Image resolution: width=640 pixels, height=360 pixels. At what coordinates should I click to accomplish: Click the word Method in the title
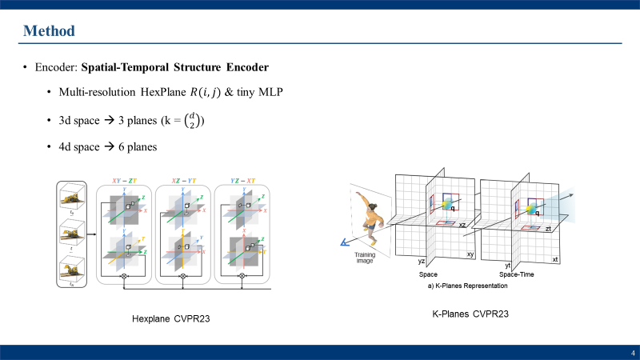(x=49, y=31)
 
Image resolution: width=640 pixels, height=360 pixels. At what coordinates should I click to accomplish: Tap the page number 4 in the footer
(x=632, y=353)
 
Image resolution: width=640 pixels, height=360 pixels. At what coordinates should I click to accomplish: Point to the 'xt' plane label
(x=555, y=260)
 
